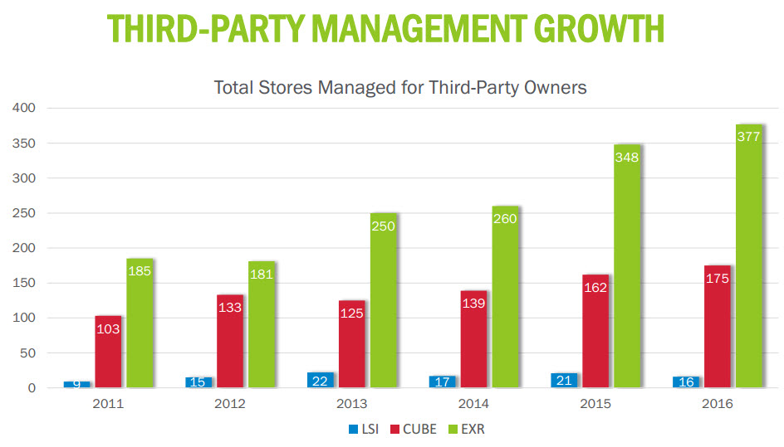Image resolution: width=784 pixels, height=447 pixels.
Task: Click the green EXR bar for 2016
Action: click(749, 256)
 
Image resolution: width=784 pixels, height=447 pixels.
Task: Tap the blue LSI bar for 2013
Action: click(320, 380)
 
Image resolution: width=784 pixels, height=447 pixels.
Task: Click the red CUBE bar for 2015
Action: click(595, 331)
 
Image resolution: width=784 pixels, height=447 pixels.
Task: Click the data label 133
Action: click(230, 308)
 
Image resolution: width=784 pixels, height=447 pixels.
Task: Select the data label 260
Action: click(505, 219)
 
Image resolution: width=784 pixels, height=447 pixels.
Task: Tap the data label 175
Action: click(717, 279)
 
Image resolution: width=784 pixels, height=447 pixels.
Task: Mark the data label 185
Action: click(140, 271)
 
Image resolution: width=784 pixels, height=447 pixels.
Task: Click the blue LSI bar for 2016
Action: click(686, 381)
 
